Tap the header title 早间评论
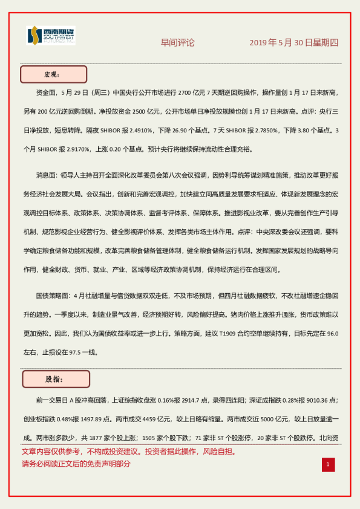[x=178, y=43]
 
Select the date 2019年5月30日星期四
[x=294, y=43]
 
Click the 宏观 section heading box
[x=53, y=74]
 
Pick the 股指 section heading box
[x=56, y=379]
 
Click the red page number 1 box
[x=327, y=464]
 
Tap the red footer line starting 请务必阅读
[x=76, y=464]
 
